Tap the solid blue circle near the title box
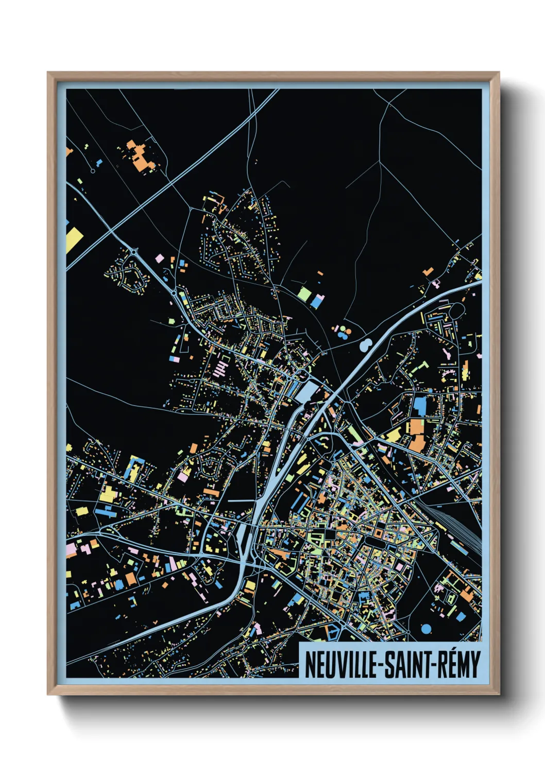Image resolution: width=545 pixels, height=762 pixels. [x=426, y=629]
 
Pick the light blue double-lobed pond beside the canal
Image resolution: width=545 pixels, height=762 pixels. [x=366, y=343]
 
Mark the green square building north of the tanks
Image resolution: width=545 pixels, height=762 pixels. [x=304, y=295]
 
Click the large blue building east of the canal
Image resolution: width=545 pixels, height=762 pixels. [x=420, y=405]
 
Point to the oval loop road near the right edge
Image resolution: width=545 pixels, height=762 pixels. [x=456, y=310]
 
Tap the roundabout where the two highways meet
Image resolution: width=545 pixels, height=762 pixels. [x=135, y=252]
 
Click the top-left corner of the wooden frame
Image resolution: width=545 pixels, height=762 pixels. [x=49, y=74]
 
